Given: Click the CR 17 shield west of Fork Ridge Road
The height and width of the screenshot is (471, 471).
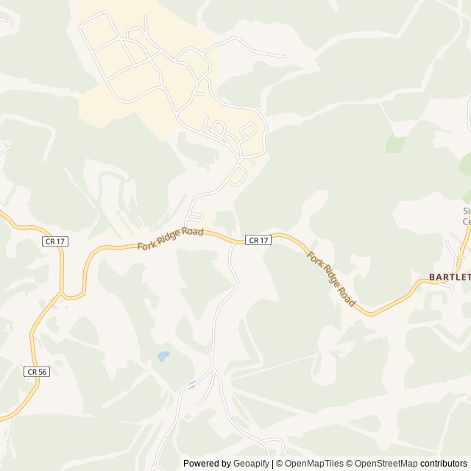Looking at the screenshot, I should pos(51,241).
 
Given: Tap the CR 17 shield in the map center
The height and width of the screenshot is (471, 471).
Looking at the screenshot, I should pos(258,240).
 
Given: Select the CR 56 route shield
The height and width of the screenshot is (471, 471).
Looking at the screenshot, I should pos(36,372).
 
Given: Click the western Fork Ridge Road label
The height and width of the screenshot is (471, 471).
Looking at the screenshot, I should pos(170,238).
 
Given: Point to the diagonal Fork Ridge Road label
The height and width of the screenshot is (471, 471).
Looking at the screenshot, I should pos(331,279).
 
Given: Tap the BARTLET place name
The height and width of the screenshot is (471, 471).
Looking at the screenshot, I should pos(450,277).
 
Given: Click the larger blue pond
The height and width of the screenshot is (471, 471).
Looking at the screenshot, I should pos(163,356).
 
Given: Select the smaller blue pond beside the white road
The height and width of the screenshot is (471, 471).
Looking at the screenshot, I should pos(191,384).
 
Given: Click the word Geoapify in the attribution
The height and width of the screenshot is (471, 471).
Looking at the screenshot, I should pos(250,464).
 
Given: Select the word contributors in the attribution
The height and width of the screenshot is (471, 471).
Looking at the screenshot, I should pos(444,464).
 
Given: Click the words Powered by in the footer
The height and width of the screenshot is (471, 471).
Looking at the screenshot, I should pos(206,464).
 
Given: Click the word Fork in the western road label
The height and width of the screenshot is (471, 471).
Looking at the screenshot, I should pos(147,244).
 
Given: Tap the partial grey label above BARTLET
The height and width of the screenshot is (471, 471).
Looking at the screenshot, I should pos(466,216).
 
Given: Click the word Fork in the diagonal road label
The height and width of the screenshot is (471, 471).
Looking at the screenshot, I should pos(314,259).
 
